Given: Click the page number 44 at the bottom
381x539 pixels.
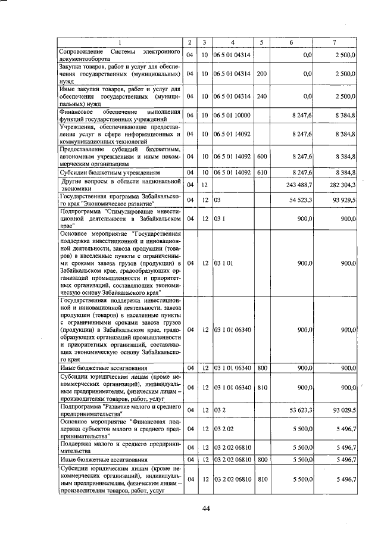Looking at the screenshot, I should pyautogui.click(x=207, y=508).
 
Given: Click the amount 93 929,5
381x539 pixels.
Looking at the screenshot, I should pyautogui.click(x=343, y=200).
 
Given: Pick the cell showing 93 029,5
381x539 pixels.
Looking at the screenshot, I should pyautogui.click(x=343, y=410).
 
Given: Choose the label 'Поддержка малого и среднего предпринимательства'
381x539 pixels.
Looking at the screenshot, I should pyautogui.click(x=119, y=447).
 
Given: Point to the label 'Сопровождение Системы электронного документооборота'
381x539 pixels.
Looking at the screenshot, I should pyautogui.click(x=119, y=55).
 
